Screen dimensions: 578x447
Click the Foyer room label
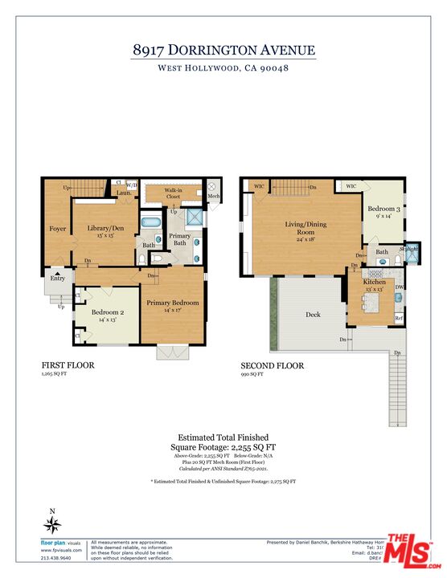(57, 229)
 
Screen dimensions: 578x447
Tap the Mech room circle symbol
(213, 184)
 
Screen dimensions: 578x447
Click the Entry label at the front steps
(58, 278)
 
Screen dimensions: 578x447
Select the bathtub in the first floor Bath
(151, 222)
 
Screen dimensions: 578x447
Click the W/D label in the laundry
(132, 184)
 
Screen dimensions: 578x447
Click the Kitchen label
(375, 283)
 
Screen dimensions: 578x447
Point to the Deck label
(313, 315)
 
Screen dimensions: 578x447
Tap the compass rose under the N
(53, 526)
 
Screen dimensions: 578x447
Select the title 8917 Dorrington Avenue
(223, 50)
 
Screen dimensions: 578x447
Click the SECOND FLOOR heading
(271, 365)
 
